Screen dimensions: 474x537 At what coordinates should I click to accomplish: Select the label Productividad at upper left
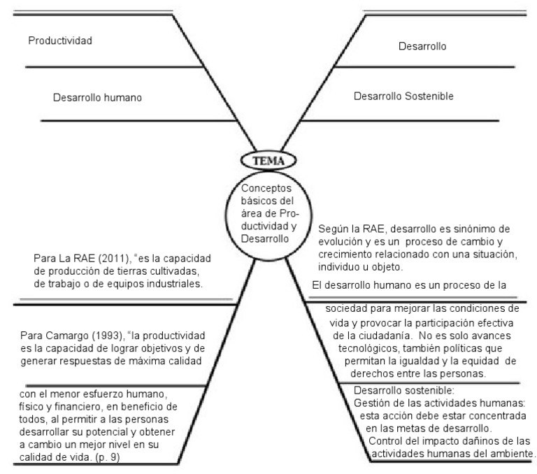[60, 41]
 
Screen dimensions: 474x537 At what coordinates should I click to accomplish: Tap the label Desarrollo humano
[97, 98]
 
